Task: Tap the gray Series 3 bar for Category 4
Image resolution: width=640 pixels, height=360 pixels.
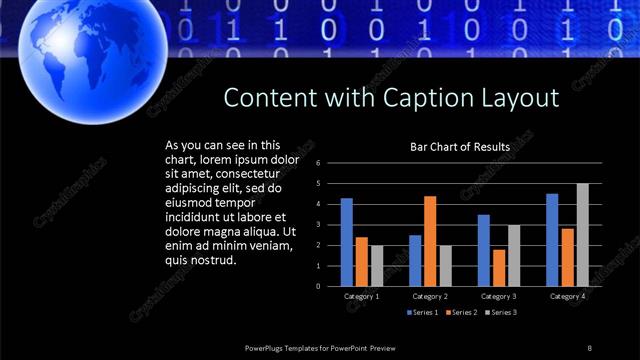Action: coord(582,235)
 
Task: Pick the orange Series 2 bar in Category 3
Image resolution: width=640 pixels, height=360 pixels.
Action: coord(498,268)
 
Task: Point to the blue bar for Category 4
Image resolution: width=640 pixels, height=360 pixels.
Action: coord(552,240)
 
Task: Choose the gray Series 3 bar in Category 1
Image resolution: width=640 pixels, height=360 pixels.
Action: coord(376,266)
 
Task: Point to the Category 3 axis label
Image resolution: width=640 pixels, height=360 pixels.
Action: coord(498,296)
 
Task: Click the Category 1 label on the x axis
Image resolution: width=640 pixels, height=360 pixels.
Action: coord(362,296)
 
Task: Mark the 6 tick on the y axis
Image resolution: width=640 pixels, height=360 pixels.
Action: coord(318,163)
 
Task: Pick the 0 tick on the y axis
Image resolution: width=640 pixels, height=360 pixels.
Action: coord(318,286)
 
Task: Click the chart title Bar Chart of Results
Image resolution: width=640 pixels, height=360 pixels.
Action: coord(460,147)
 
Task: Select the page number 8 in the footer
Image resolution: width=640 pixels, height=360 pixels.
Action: coord(589,347)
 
